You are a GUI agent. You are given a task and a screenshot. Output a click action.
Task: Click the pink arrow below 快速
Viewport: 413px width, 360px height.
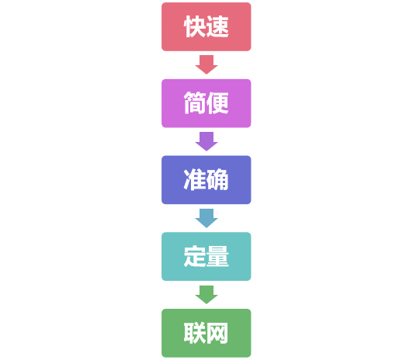click(x=206, y=64)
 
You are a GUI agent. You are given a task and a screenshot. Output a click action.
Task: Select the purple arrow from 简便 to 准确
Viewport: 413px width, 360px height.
click(x=206, y=140)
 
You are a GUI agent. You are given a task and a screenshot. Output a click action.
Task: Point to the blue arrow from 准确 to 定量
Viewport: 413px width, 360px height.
click(x=206, y=217)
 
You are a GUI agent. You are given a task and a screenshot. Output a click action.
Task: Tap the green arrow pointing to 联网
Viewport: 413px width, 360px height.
click(x=206, y=293)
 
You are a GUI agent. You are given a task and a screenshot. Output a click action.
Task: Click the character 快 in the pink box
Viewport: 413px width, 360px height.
click(x=195, y=27)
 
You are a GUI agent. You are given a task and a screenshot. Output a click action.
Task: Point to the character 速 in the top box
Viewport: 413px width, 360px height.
click(x=218, y=27)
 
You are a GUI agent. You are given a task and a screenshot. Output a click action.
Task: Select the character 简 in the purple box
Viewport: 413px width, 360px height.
click(x=195, y=103)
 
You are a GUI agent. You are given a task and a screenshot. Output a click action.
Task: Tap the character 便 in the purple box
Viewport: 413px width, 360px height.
click(x=218, y=103)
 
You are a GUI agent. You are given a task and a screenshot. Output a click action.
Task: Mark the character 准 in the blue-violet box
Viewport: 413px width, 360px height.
click(x=195, y=180)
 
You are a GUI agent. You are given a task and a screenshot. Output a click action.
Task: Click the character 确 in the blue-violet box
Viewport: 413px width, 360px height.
click(x=218, y=180)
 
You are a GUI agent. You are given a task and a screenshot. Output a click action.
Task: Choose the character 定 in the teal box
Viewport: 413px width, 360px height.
click(x=195, y=256)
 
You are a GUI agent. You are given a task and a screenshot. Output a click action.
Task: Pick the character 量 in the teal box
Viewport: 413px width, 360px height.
click(x=218, y=256)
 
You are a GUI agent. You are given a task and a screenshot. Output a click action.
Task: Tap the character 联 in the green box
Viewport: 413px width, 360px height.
click(x=195, y=333)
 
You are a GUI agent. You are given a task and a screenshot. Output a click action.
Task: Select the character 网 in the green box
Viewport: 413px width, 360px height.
click(x=218, y=333)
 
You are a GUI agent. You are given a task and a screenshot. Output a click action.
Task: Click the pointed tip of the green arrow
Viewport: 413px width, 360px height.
click(x=206, y=303)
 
